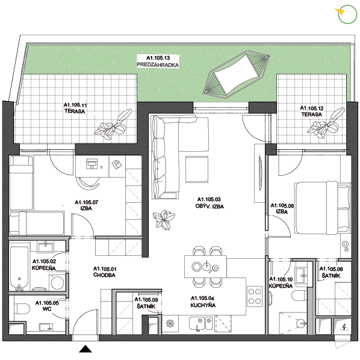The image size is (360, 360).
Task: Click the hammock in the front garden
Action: coord(236,75)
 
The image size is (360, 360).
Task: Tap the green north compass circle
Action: coord(347,14)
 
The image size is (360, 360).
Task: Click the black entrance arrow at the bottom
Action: coord(85,349)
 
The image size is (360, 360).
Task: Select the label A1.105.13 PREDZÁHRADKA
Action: coord(158,61)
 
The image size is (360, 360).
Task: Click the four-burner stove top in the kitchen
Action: coord(255,296)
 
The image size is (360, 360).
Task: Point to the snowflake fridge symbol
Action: coord(170,323)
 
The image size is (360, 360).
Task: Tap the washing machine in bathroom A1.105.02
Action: coord(57,282)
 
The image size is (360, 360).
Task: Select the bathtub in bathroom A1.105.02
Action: coord(19,268)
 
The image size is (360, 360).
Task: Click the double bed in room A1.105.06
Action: coord(322,208)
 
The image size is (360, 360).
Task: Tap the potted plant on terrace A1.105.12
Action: coord(326,123)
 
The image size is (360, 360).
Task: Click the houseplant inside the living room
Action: coord(164,220)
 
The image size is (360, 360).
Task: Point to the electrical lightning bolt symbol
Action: coord(344,326)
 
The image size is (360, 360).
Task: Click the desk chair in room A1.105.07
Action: coord(88,183)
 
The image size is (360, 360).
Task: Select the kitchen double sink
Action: coord(200,324)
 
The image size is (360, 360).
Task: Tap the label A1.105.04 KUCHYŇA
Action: coord(203,302)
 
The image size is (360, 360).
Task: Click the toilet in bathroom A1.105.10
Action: coord(299,296)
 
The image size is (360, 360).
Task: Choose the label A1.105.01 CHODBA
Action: coord(105,272)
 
